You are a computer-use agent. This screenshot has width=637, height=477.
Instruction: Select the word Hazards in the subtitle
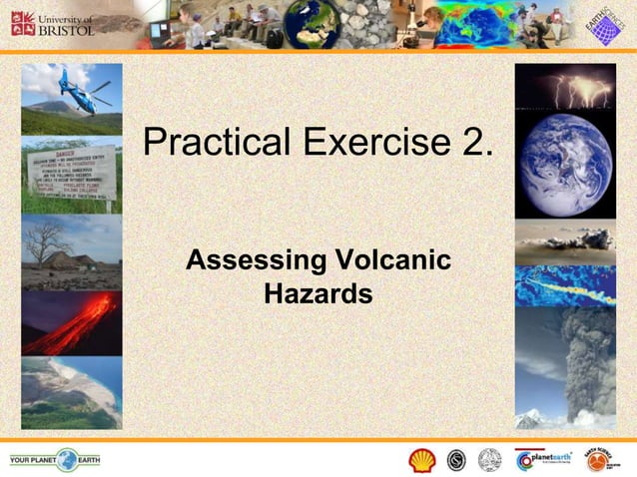[x=318, y=294]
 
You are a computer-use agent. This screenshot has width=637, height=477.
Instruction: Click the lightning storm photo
[x=565, y=87]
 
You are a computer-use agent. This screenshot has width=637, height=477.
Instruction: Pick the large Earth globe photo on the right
[x=565, y=165]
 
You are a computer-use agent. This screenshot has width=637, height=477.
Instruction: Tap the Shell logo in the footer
[x=422, y=460]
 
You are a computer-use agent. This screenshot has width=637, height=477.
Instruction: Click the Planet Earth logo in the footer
[x=543, y=460]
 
